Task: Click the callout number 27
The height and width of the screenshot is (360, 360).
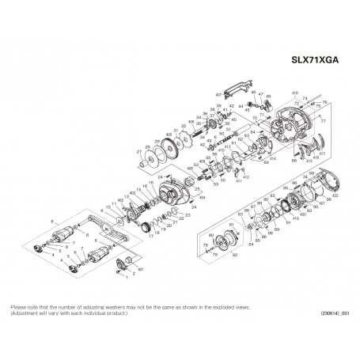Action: pos(138,150)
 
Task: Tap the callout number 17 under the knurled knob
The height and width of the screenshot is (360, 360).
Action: pos(150,236)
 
